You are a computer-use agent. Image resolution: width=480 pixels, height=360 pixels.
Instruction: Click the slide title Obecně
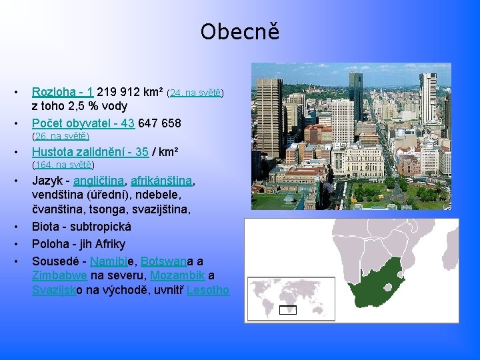coord(239,31)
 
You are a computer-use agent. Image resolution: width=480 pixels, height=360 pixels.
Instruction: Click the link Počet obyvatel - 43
coord(83,123)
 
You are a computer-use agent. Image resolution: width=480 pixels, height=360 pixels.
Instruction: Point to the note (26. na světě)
coord(61,137)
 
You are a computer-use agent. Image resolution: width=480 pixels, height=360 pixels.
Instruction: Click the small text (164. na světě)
coord(63,165)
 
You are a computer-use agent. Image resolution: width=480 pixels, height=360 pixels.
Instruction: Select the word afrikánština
coord(161,181)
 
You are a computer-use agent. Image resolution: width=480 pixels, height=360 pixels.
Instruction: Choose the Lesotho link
coord(208,291)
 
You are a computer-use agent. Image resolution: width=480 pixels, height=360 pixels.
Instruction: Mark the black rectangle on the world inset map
coord(288,309)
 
